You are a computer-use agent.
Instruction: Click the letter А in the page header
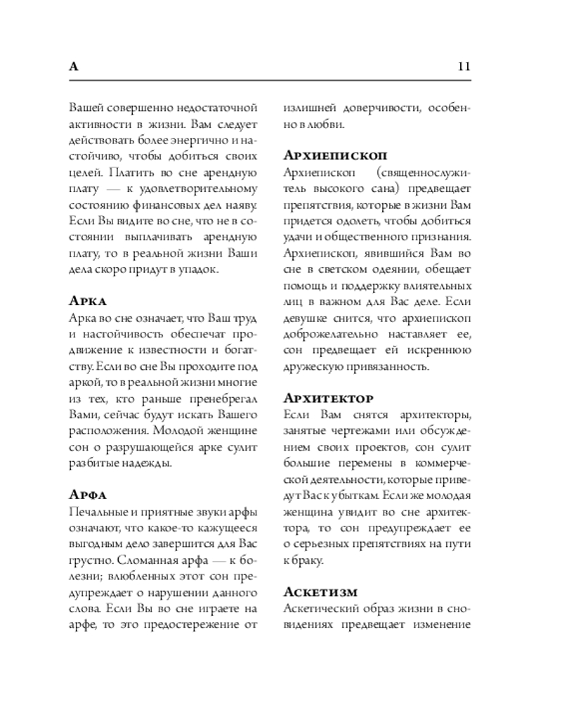tap(74, 67)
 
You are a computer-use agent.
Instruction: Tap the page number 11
tap(463, 67)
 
